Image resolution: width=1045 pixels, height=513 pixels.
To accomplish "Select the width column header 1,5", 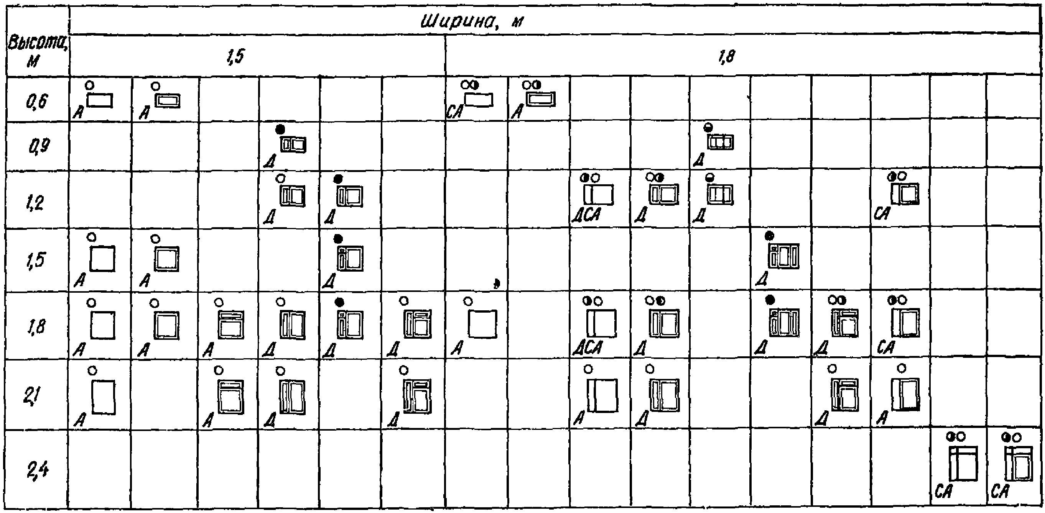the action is tap(235, 57).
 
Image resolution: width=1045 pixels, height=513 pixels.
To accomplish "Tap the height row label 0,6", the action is tap(37, 101).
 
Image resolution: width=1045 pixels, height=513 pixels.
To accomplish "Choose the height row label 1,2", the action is tap(36, 202).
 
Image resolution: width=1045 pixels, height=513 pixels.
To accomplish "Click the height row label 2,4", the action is tap(38, 470).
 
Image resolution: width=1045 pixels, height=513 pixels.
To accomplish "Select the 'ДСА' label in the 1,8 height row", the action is tap(587, 347).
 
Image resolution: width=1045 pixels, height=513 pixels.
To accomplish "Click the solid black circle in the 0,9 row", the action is tap(280, 129).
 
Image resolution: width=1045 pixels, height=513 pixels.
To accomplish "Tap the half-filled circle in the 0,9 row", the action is tap(708, 128).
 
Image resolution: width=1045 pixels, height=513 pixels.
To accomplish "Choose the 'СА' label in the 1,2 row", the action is tap(882, 213).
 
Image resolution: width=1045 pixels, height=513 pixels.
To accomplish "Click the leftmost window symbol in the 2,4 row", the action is tap(963, 463).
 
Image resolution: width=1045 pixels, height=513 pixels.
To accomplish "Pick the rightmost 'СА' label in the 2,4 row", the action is tap(999, 492).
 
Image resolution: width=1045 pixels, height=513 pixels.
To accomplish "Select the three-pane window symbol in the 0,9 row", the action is tap(721, 142).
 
